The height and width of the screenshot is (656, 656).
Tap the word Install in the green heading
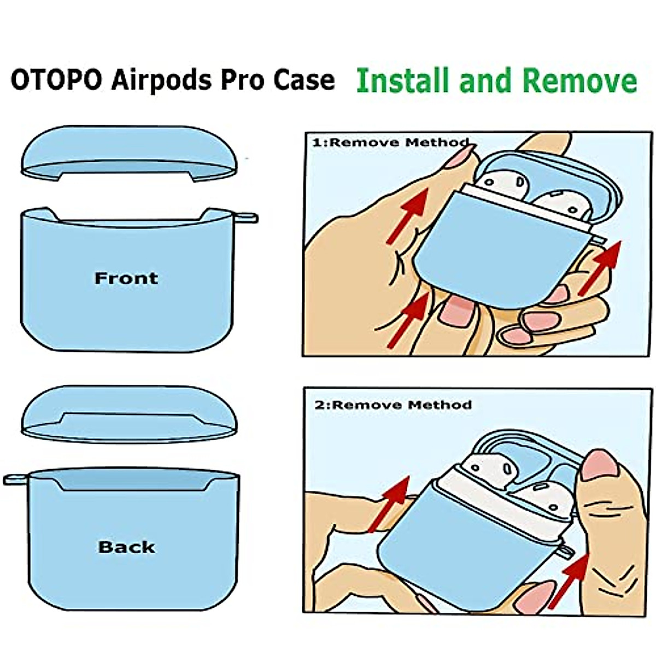[x=404, y=80]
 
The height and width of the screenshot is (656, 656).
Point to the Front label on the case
[x=126, y=278]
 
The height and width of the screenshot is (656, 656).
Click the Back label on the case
[x=126, y=547]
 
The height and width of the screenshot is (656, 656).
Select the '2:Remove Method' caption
[x=393, y=405]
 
